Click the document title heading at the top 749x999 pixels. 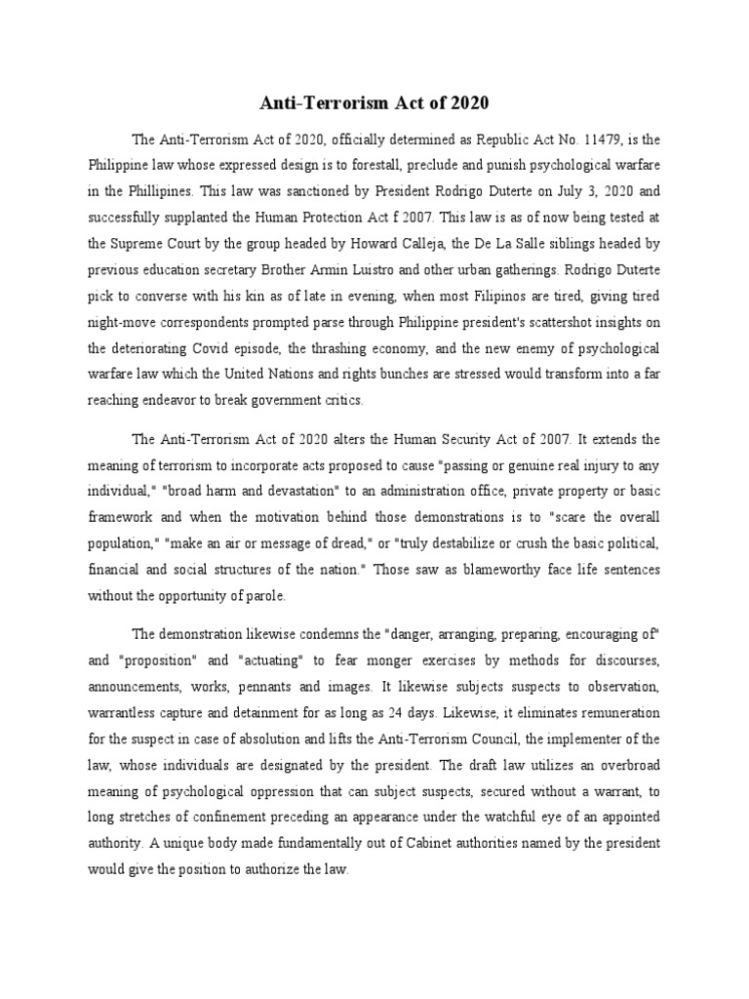(374, 102)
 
